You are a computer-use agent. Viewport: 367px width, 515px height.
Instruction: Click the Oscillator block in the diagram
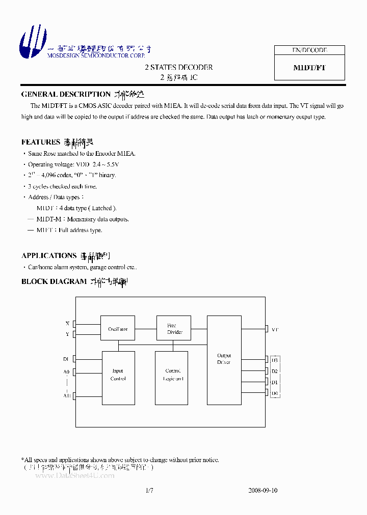(x=117, y=329)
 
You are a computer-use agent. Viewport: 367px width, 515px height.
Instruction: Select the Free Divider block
(x=174, y=328)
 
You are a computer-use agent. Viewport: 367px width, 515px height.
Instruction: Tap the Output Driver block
(x=224, y=359)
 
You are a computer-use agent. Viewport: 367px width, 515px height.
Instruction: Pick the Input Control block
(x=118, y=375)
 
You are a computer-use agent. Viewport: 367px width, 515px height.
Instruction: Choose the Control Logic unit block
(x=173, y=375)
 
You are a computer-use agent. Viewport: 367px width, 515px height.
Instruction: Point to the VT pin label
(x=275, y=330)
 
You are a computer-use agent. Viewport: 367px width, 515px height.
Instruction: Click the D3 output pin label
(x=274, y=360)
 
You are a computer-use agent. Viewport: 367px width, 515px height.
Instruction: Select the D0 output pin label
(x=274, y=393)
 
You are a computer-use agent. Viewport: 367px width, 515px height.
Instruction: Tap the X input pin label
(x=67, y=324)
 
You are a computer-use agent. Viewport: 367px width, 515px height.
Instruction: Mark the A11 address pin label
(x=67, y=395)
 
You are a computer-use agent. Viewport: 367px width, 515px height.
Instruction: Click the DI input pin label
(x=66, y=359)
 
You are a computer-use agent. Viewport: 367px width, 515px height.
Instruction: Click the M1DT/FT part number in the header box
(x=309, y=68)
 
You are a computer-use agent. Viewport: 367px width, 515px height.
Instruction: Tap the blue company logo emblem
(x=33, y=41)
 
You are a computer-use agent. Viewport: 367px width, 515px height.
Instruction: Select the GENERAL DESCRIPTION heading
(x=66, y=94)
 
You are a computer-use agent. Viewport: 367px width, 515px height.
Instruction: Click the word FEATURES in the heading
(x=41, y=142)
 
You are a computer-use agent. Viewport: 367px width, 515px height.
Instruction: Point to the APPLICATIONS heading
(x=49, y=255)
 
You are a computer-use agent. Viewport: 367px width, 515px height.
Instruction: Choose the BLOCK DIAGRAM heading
(x=54, y=281)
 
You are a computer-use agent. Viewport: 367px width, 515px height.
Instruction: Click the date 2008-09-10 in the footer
(x=263, y=491)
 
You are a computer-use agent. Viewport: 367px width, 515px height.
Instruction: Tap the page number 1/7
(x=149, y=491)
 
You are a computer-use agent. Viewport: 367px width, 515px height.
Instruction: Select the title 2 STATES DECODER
(x=178, y=67)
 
